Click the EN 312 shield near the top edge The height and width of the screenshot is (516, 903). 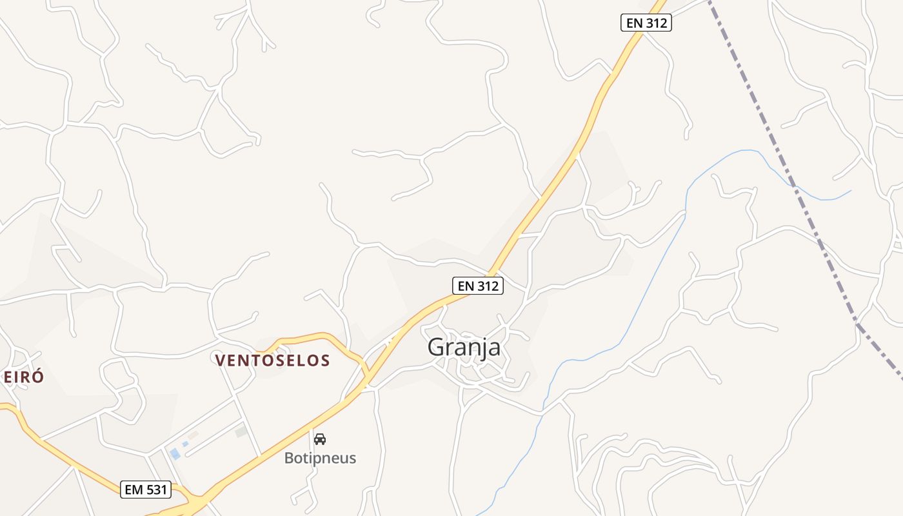(x=646, y=23)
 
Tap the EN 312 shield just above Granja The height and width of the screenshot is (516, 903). (x=477, y=286)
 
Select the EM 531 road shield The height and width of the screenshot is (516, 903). (x=146, y=490)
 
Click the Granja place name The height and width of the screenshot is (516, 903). (x=464, y=347)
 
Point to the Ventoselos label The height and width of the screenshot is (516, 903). (x=273, y=361)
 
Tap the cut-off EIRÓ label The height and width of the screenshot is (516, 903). (x=23, y=377)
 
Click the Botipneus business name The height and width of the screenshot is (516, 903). (x=320, y=459)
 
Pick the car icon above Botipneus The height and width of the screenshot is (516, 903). (x=320, y=439)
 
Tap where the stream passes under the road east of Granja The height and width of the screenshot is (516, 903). (x=544, y=409)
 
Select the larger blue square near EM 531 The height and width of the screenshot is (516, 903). (x=175, y=454)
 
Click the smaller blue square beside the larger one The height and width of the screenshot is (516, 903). (x=185, y=444)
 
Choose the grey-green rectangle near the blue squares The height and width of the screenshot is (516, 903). (x=241, y=432)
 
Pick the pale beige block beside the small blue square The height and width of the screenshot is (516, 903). (x=193, y=435)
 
